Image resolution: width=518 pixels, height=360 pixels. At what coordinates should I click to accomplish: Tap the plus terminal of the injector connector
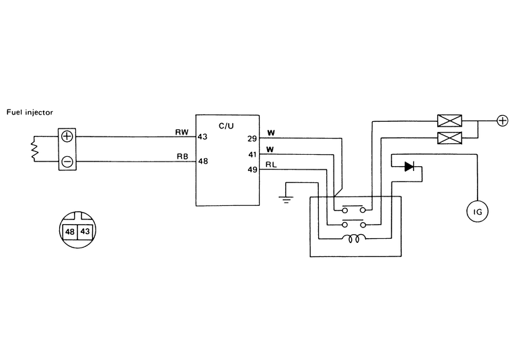point(67,136)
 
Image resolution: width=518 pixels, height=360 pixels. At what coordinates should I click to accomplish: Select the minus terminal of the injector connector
point(67,161)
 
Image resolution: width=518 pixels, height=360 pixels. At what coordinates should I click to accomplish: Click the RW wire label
point(182,133)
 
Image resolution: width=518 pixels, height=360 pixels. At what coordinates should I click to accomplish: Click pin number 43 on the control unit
point(202,137)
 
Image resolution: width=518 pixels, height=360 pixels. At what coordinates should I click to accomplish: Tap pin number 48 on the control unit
point(202,162)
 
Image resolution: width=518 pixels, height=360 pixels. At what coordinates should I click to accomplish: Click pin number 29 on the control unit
point(252,139)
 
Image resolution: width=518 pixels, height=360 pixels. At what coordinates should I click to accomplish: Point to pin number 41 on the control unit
point(252,155)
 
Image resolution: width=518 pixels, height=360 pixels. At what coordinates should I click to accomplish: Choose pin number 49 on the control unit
point(252,170)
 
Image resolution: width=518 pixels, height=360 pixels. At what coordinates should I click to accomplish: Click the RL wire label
point(270,164)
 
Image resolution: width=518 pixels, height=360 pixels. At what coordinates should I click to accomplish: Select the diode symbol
point(409,166)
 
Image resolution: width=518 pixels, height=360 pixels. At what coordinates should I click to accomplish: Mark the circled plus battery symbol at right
point(501,121)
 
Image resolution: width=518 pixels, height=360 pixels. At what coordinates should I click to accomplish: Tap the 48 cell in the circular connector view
point(69,231)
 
